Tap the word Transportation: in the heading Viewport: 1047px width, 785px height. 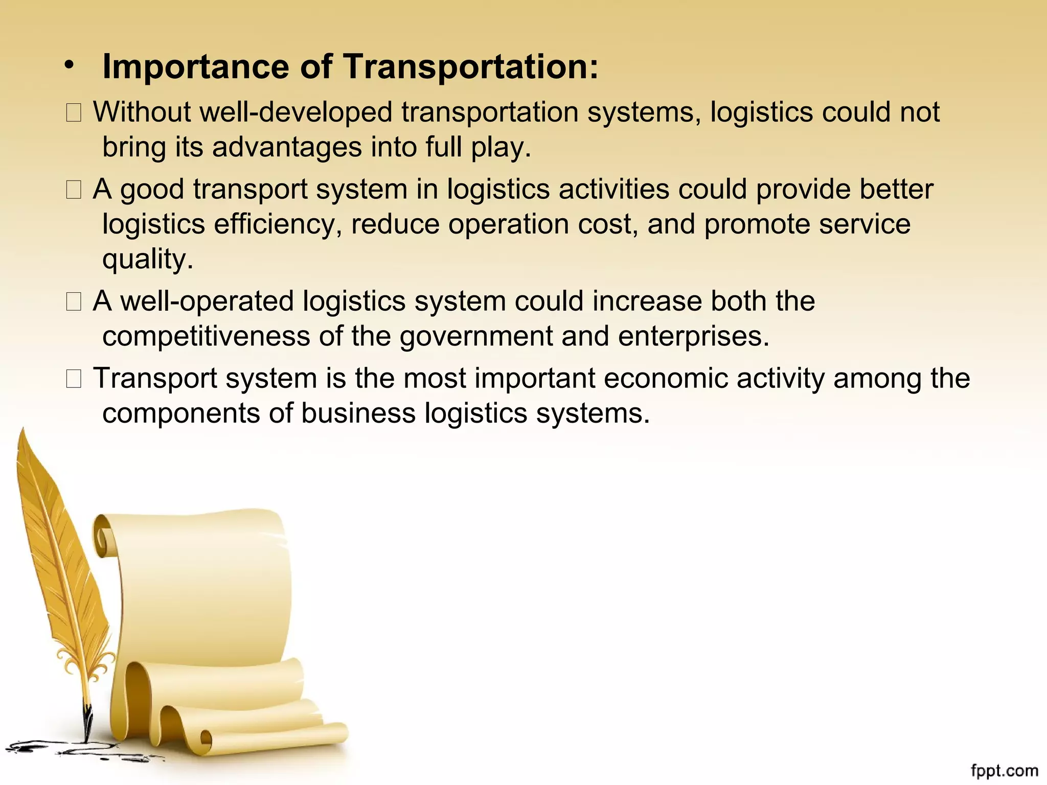[470, 67]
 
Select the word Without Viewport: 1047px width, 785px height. [142, 112]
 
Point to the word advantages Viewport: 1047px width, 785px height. [287, 147]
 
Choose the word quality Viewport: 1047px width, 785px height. [148, 259]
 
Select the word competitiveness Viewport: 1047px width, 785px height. [207, 336]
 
